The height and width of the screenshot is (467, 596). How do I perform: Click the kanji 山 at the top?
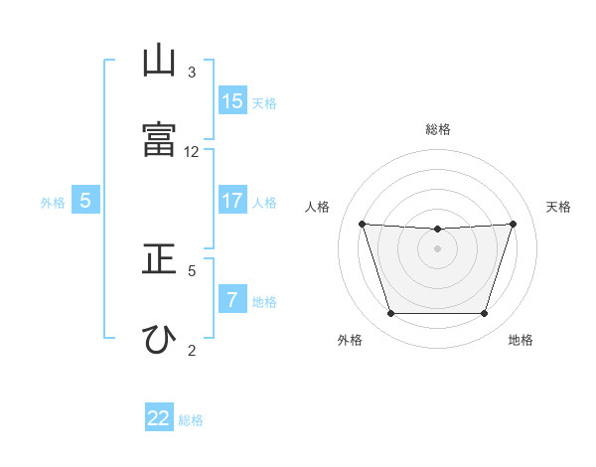pos(159,60)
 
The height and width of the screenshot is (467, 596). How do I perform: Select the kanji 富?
pos(159,139)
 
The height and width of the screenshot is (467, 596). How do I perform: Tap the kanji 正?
pos(159,258)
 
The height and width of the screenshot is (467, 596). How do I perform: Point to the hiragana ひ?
pos(159,340)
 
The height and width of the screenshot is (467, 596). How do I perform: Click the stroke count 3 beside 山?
pos(192,73)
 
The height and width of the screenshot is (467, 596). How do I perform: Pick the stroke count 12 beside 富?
pos(191,152)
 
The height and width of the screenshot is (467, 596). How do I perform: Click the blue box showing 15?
pos(232,100)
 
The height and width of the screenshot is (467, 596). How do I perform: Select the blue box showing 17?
pos(232,200)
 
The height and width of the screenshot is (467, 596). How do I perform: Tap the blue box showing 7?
pos(232,298)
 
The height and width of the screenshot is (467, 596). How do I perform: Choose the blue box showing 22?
pos(159,416)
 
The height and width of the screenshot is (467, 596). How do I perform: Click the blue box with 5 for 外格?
pos(85,200)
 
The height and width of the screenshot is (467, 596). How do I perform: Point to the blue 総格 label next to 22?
pos(191,420)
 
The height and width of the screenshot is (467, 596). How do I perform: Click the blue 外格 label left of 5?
pos(53,203)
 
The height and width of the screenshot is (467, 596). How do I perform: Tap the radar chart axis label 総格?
pos(438,129)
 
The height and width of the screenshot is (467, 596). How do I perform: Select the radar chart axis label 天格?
pos(558,207)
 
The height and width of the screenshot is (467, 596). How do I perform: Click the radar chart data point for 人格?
pos(363,224)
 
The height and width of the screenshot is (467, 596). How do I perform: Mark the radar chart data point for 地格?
pos(485,313)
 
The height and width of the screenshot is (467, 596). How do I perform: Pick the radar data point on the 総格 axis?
pos(437,229)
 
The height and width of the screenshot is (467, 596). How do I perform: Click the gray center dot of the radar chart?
pos(437,248)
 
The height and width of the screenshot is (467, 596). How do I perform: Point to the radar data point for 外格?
pos(391,313)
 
